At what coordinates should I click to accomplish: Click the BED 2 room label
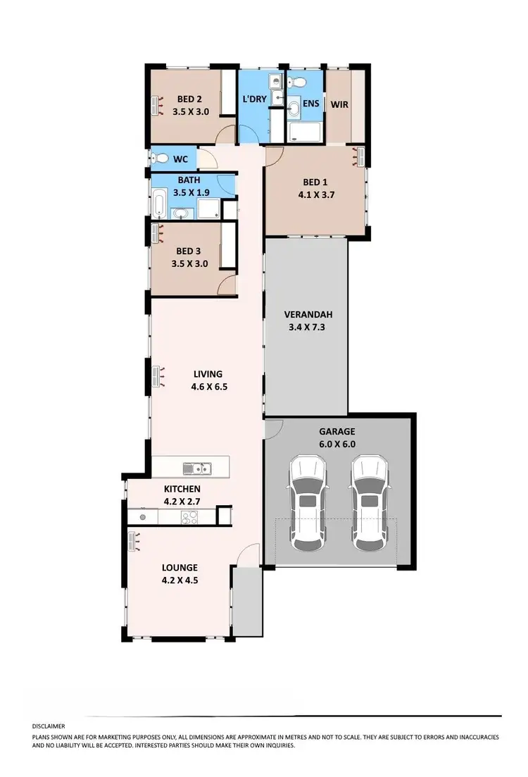point(190,99)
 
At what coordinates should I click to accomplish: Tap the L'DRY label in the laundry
point(254,99)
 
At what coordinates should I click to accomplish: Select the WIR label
point(341,104)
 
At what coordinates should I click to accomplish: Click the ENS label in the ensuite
point(310,104)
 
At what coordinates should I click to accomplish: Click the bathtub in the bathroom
point(160,205)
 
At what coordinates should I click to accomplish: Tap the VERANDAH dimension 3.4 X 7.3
point(306,327)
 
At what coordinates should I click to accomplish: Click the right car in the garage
point(370,502)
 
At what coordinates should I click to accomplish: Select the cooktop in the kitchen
point(190,517)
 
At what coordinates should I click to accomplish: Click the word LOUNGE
point(180,567)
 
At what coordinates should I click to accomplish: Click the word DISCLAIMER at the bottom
point(49,726)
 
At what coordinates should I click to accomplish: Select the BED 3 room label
point(189,251)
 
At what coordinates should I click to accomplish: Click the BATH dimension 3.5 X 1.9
point(189,191)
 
